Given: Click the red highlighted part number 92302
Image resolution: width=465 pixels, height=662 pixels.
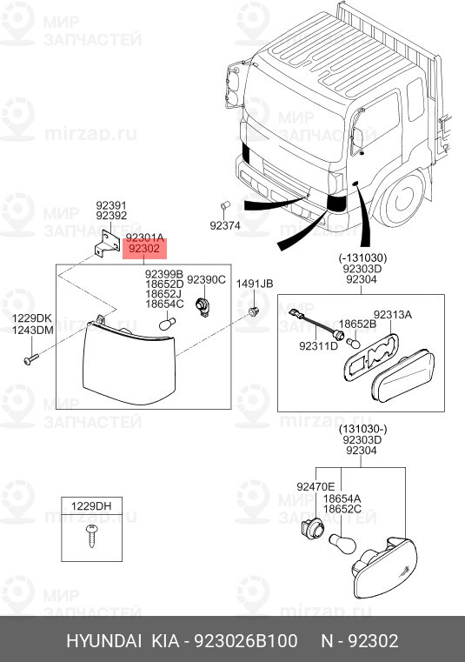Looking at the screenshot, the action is point(144,249).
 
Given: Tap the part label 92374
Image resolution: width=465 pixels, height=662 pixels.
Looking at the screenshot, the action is point(225,225).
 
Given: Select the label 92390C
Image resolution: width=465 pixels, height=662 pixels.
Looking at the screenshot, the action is point(206,279).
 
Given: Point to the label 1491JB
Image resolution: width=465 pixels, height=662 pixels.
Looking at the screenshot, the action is point(254,284).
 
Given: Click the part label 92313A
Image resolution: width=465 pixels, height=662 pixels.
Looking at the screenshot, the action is point(393,315).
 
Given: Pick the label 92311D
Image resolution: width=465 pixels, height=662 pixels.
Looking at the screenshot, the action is point(319,346).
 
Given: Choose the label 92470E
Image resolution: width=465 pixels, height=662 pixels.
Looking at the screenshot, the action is point(316,487).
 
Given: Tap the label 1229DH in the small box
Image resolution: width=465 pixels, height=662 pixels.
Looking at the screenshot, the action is point(91,505).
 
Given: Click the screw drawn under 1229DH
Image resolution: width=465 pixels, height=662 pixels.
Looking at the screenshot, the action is point(91,535).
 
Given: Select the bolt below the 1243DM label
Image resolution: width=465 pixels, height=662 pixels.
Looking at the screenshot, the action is point(31,359).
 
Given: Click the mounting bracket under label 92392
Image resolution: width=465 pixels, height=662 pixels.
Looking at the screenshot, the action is point(108,244).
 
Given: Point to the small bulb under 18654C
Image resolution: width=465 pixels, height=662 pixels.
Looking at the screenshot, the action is point(167,324).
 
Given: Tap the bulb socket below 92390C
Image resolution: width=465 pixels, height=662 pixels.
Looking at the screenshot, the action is point(203,307).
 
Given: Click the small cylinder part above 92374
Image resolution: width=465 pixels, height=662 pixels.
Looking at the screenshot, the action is point(225,205).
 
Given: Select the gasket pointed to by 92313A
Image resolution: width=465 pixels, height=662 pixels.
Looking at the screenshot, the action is point(371,357).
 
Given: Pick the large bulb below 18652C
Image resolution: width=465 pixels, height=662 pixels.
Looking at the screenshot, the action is point(342,544).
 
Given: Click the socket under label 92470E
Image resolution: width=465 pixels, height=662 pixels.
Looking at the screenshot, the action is point(313,530).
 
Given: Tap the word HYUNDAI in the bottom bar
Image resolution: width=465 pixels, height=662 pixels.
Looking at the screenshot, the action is point(103,641).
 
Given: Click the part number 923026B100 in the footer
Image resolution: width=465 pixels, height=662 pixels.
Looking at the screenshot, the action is point(246,641).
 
